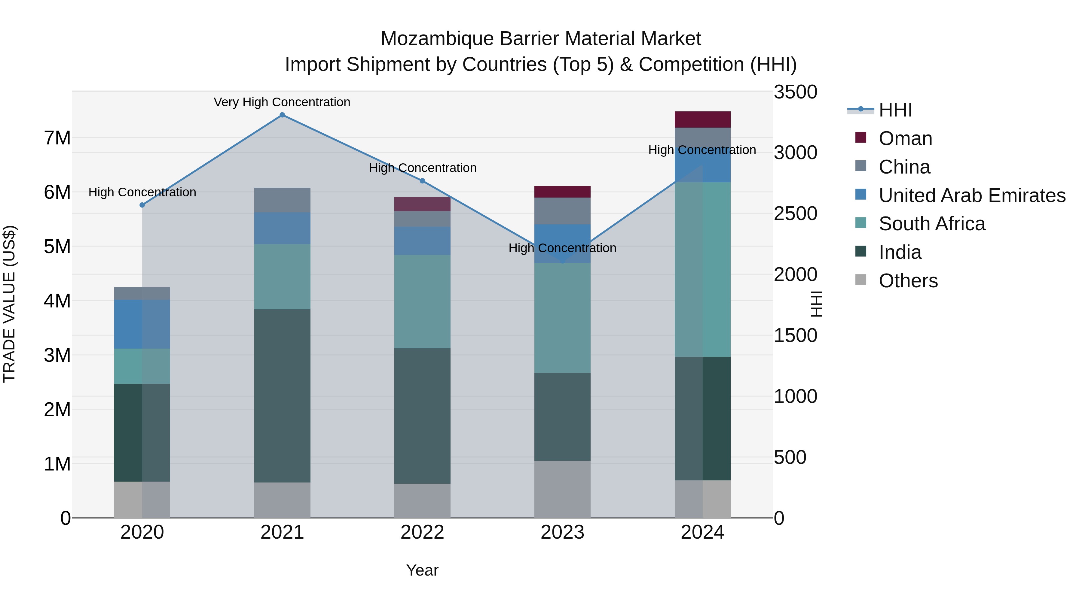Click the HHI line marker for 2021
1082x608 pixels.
tap(282, 115)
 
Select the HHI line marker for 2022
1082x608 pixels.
tap(423, 181)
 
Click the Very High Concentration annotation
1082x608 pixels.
tap(282, 102)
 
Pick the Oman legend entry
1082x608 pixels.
tap(905, 138)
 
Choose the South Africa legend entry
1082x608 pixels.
tap(932, 224)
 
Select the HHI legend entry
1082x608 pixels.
tap(895, 110)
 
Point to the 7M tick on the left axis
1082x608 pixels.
tap(57, 138)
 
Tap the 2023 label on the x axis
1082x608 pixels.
tap(562, 532)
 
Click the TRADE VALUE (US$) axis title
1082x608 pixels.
tap(9, 304)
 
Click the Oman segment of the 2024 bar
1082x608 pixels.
tap(702, 119)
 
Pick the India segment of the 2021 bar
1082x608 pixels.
tap(282, 396)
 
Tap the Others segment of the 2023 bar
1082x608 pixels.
tap(562, 489)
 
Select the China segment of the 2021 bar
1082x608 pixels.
tap(282, 200)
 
